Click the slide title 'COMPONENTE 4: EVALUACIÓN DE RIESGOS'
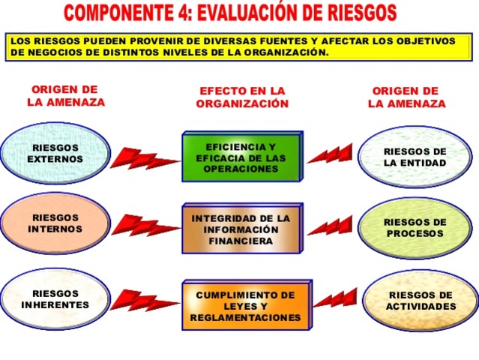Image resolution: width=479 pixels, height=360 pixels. tap(230, 13)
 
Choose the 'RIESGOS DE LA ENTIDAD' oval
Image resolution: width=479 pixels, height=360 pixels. tap(415, 157)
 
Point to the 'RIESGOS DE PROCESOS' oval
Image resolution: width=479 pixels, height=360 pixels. tap(415, 227)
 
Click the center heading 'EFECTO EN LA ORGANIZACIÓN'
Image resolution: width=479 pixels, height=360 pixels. tap(242, 97)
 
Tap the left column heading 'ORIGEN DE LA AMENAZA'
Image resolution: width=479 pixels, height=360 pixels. tap(65, 96)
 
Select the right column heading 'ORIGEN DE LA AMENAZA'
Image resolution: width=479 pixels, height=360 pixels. tap(406, 97)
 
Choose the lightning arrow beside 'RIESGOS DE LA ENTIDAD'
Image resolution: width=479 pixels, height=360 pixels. tap(330, 154)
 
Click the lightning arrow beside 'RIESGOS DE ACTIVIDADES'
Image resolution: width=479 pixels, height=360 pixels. tap(334, 298)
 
